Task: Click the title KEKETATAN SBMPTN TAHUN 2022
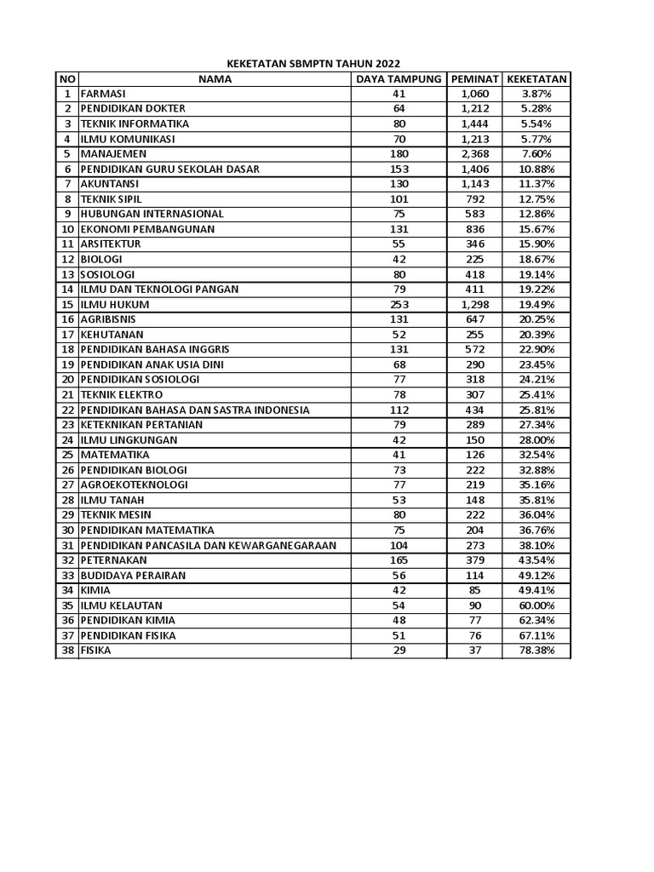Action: click(x=313, y=64)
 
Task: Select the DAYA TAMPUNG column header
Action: click(x=399, y=79)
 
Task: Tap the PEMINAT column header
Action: click(x=475, y=79)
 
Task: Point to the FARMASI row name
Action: click(x=103, y=94)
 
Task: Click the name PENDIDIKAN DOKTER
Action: click(x=133, y=109)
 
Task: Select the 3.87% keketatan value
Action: click(x=537, y=94)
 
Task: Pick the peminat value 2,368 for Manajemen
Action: click(x=475, y=154)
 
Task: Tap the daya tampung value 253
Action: click(x=399, y=304)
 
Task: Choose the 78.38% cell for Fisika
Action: click(x=537, y=651)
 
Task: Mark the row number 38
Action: click(x=66, y=651)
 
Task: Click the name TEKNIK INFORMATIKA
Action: click(x=135, y=123)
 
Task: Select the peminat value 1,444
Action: click(x=475, y=123)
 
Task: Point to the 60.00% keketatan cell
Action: click(x=537, y=605)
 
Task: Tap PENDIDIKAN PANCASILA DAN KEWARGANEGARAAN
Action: click(x=208, y=545)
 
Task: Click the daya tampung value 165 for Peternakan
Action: click(x=399, y=560)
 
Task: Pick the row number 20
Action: click(x=66, y=380)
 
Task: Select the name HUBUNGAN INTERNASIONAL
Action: click(x=152, y=214)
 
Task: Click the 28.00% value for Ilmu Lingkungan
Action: click(x=537, y=440)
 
